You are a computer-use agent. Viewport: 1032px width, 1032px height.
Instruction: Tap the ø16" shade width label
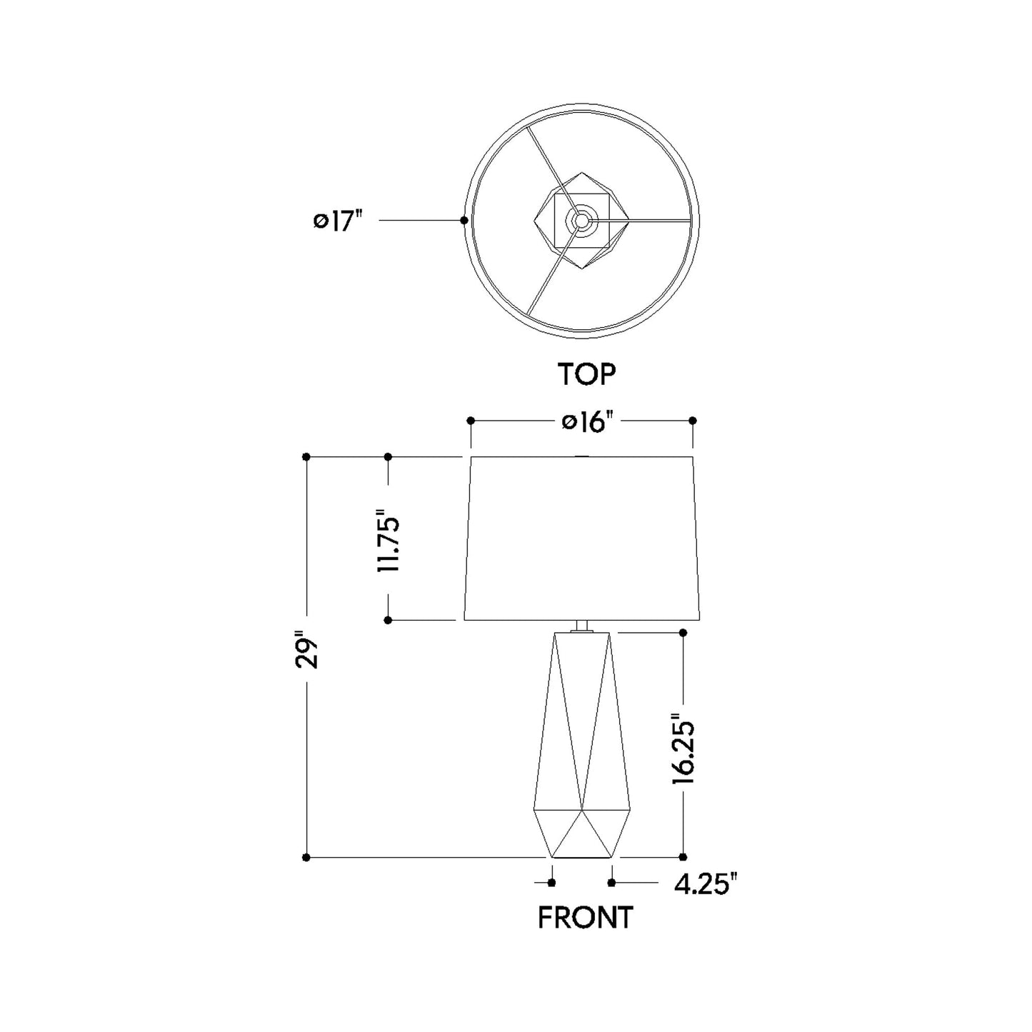[588, 422]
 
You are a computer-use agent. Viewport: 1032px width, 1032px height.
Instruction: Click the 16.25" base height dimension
[683, 752]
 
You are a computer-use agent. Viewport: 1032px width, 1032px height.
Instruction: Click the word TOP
[586, 374]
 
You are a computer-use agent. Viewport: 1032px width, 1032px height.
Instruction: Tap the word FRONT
[585, 918]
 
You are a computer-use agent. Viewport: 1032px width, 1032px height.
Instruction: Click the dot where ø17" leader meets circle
[464, 221]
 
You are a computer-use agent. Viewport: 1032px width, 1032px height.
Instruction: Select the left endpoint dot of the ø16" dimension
[470, 421]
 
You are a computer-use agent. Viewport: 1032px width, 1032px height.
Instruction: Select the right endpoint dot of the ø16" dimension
[692, 421]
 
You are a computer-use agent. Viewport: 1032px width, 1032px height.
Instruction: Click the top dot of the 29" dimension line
[306, 456]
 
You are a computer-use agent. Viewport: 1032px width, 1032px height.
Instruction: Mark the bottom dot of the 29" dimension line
[306, 857]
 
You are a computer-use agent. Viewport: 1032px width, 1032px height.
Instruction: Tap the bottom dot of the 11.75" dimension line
[388, 621]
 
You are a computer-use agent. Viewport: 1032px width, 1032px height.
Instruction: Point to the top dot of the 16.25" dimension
[683, 633]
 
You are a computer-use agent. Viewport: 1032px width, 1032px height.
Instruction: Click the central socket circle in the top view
[581, 220]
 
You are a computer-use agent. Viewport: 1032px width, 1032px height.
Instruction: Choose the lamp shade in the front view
[581, 538]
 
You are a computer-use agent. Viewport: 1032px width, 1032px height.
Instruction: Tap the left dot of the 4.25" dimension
[551, 883]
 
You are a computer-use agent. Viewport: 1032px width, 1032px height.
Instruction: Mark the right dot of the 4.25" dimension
[612, 883]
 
